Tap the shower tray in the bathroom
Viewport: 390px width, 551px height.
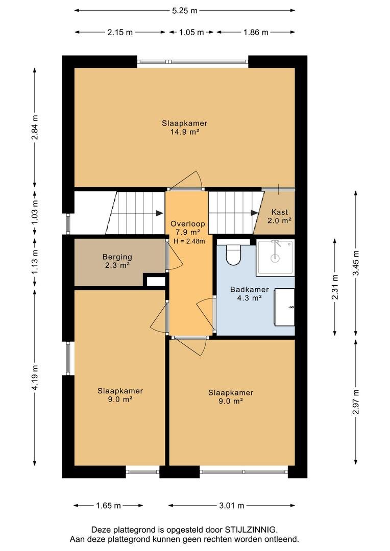(275, 258)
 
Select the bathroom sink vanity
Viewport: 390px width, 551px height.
(284, 307)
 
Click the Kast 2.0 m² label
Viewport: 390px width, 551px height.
(280, 216)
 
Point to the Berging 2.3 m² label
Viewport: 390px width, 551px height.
(117, 261)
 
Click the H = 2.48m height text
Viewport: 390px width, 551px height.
(189, 241)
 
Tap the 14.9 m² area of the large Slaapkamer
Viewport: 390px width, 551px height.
(185, 132)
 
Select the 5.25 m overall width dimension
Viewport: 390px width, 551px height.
(185, 11)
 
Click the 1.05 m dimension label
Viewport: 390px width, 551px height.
(191, 32)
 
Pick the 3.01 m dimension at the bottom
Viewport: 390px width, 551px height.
(231, 506)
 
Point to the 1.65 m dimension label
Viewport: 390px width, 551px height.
(108, 506)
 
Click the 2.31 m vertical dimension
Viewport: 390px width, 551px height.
(335, 287)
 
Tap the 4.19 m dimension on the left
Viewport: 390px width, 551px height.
(35, 378)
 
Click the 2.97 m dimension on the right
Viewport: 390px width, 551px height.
(356, 402)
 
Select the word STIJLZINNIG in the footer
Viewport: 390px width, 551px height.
(251, 530)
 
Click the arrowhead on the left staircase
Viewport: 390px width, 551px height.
(160, 213)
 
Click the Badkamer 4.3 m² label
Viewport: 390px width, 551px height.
(249, 294)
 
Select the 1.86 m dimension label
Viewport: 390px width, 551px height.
(256, 32)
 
